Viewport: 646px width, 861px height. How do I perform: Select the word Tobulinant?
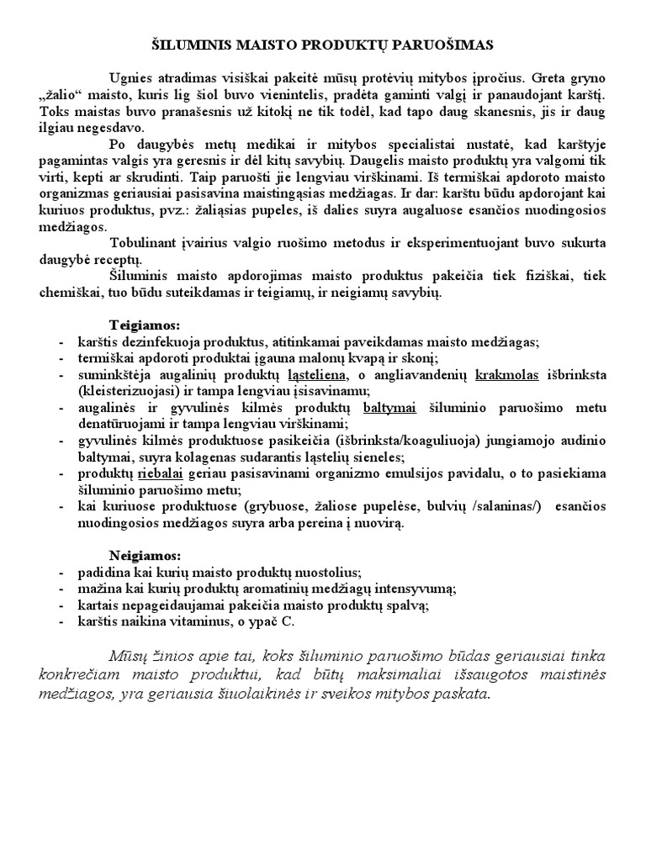coord(142,242)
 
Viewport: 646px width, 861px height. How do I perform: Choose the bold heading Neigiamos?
coord(145,557)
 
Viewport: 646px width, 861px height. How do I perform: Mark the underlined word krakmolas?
coord(511,375)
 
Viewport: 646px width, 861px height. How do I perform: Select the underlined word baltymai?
coord(389,408)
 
